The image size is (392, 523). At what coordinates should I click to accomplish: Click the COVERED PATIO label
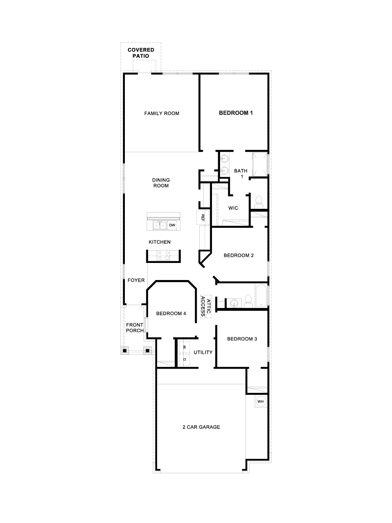[140, 53]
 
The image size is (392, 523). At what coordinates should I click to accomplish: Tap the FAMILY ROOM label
[162, 113]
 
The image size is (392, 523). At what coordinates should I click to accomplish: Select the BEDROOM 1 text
[236, 113]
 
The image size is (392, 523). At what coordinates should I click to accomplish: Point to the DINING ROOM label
[161, 183]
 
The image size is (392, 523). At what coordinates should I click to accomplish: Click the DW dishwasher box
[172, 226]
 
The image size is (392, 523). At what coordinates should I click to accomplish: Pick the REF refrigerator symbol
[203, 218]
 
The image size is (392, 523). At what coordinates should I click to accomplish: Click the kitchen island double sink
[159, 226]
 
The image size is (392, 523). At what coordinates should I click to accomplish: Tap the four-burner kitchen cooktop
[163, 255]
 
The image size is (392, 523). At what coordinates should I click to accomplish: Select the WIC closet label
[233, 208]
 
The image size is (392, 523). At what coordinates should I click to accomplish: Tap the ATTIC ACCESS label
[206, 306]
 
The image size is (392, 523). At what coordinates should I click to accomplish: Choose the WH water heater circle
[260, 401]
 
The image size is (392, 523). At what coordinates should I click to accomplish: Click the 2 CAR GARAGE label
[201, 427]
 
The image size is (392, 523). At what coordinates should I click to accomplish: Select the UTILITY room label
[203, 352]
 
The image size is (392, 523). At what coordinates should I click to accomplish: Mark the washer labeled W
[184, 347]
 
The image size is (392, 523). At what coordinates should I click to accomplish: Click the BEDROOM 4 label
[171, 313]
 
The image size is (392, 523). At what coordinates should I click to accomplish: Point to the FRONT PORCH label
[135, 328]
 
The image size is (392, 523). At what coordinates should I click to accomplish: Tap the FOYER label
[136, 280]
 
